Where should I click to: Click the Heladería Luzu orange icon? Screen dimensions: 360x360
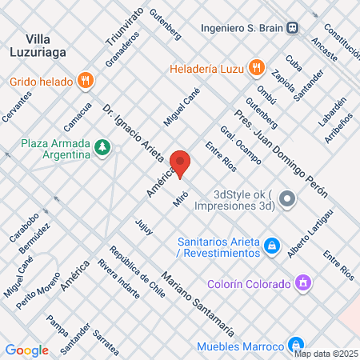click(x=257, y=67)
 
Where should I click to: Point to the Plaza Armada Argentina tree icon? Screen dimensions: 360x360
click(x=102, y=146)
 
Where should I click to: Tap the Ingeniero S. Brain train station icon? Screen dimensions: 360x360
click(x=294, y=26)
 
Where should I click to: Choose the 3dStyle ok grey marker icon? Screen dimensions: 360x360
click(x=288, y=198)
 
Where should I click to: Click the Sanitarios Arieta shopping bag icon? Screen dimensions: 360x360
click(x=271, y=244)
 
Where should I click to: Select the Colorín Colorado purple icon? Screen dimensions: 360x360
click(x=302, y=283)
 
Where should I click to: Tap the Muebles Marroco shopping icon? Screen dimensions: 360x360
click(x=295, y=346)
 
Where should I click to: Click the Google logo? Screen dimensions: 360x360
click(x=26, y=350)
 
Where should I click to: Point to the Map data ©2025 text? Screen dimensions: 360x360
click(x=326, y=354)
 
